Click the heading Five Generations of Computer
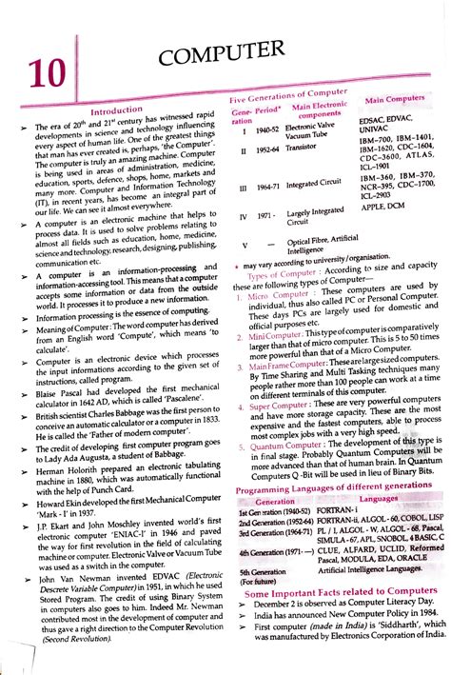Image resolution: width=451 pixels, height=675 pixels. tap(288, 99)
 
